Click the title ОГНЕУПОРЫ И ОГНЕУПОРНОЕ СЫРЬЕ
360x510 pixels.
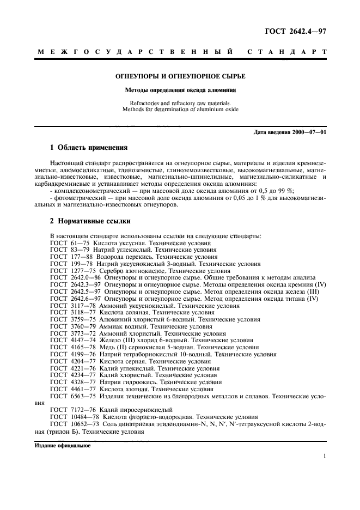[180, 77]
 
